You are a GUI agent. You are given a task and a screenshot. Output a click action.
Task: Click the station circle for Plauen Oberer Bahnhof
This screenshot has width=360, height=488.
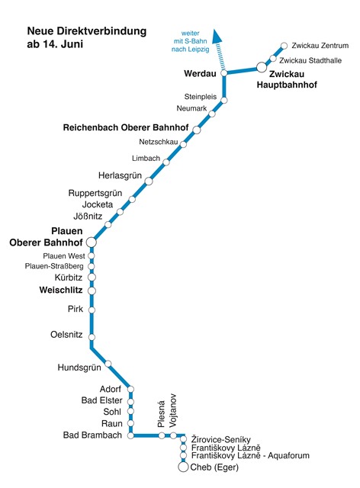[x=92, y=242]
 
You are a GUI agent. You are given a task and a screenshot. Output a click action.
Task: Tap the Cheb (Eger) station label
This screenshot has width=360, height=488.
[x=214, y=467]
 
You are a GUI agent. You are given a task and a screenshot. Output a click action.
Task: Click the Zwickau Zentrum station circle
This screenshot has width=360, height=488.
[x=284, y=46]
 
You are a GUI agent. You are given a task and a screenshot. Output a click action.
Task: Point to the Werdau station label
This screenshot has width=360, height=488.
[x=200, y=73]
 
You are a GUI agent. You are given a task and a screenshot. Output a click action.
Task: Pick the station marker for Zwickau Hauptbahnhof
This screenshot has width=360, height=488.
[x=262, y=67]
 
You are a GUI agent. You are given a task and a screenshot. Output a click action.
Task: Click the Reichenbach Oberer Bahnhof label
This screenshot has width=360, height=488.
[x=126, y=127]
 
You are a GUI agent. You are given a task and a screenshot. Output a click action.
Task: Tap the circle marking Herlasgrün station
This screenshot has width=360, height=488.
[x=149, y=181]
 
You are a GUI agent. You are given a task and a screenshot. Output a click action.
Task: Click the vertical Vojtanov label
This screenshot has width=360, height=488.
[x=172, y=411]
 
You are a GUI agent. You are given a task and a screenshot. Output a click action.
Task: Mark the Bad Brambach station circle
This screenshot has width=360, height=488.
[x=130, y=435]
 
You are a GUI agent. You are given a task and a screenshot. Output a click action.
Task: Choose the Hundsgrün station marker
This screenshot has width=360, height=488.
[x=108, y=364]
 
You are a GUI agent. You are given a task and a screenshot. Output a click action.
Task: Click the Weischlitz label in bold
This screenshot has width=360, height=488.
[x=61, y=290]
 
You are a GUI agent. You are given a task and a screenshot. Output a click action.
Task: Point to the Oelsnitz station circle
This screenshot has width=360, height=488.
[x=92, y=337]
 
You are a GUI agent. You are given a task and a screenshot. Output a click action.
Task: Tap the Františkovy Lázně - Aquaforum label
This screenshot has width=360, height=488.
[x=250, y=456]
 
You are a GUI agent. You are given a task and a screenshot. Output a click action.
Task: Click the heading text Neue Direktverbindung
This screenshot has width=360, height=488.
[x=87, y=31]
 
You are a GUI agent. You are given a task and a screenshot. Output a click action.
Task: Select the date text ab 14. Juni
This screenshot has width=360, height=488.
[x=55, y=44]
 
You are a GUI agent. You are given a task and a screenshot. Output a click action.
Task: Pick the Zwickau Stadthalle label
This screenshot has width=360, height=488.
[x=310, y=60]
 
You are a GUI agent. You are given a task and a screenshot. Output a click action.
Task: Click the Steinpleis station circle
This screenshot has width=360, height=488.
[x=224, y=100]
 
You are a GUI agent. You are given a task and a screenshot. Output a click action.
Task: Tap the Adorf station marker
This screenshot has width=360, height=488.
[x=130, y=389]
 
